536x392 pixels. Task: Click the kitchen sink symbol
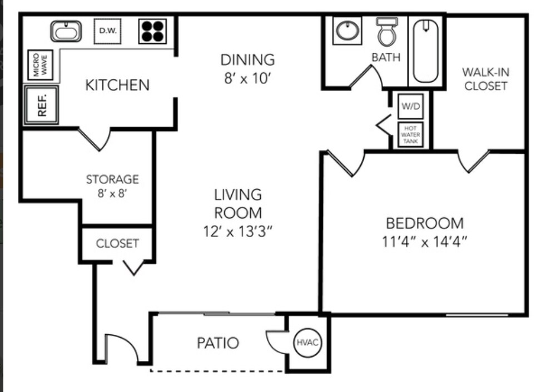[x=66, y=31]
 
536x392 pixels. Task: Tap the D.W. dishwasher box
[x=107, y=31]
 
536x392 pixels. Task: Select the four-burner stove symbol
[x=152, y=32]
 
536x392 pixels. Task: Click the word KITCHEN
[x=117, y=85]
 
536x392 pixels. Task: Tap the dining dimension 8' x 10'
[x=247, y=78]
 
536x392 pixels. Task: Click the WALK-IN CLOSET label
[x=485, y=78]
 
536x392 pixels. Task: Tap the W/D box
[x=411, y=106]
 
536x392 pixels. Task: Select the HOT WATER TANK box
[x=411, y=135]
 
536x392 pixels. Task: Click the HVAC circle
[x=307, y=343]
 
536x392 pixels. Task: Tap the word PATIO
[x=218, y=343]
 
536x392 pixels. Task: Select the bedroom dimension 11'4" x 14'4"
[x=425, y=242]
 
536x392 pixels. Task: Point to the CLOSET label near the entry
[x=117, y=243]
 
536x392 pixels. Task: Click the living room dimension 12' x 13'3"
[x=237, y=230]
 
